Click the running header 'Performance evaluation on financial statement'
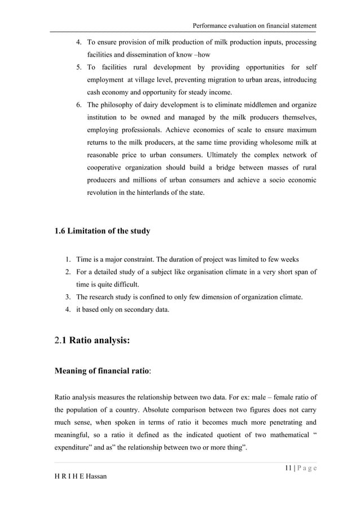click(254, 26)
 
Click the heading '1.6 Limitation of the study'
click(102, 230)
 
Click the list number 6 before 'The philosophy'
click(79, 105)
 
